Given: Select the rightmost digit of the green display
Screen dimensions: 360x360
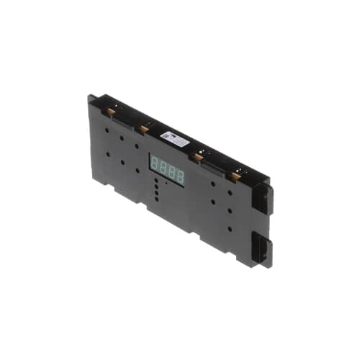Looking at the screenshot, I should point(180,175).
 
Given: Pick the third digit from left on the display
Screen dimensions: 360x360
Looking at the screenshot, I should point(172,171).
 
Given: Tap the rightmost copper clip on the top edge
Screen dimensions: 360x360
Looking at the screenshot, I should point(235,174).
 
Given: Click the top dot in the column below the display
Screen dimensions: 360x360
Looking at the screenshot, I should point(156,180).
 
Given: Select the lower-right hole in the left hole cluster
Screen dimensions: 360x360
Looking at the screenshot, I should point(137,170).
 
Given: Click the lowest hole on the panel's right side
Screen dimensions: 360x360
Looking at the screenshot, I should point(229,229).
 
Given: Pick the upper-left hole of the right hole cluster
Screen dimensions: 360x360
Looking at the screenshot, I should point(214,184).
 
